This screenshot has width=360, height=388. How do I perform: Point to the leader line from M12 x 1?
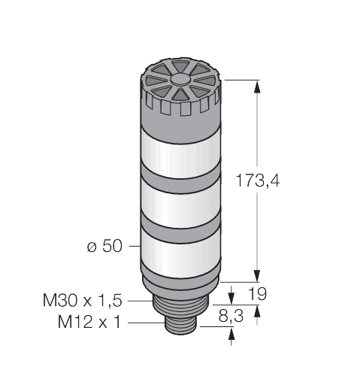(147, 323)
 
